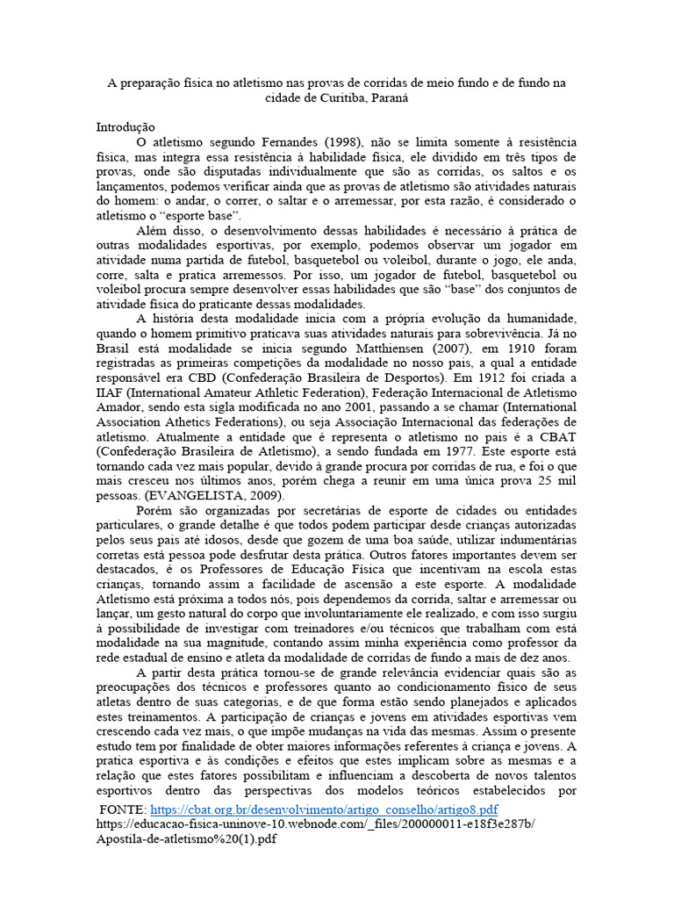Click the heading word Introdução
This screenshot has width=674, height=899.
pos(125,127)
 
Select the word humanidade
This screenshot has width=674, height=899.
pos(539,318)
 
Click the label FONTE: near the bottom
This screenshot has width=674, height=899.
pos(124,809)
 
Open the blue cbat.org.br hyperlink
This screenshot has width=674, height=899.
pos(325,809)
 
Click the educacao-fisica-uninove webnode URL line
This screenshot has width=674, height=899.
pos(315,823)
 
